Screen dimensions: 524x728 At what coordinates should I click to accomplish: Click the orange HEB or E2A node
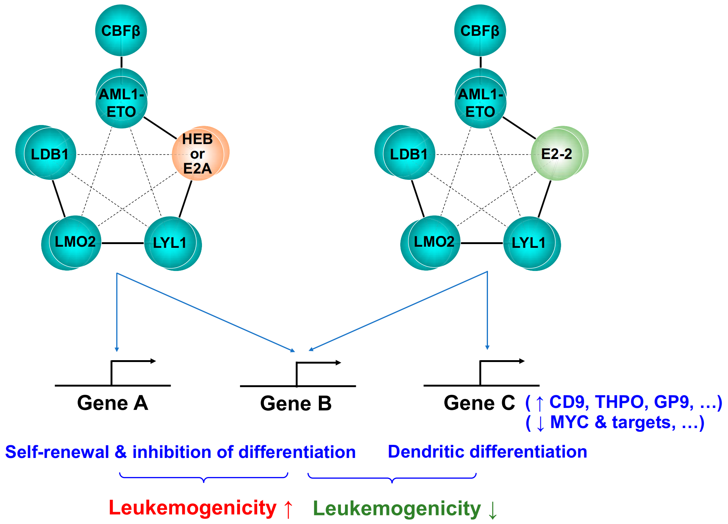click(199, 153)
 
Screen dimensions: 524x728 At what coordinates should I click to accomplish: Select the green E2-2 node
click(558, 153)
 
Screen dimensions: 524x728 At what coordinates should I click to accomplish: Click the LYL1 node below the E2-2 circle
click(530, 243)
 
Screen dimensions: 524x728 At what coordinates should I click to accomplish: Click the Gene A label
click(112, 403)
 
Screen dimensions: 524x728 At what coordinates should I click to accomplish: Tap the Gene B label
click(296, 404)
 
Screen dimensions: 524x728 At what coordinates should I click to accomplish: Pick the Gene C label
click(479, 403)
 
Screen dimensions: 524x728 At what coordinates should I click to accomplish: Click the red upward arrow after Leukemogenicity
click(288, 509)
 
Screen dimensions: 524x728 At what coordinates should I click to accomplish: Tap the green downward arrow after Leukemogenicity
click(492, 510)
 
